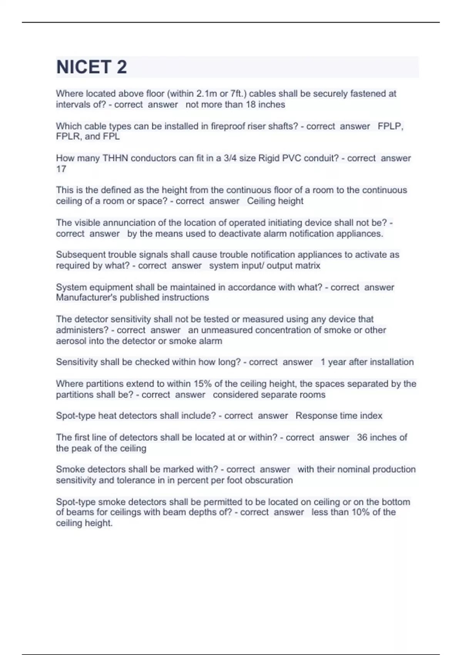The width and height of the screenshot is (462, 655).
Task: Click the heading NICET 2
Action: (91, 67)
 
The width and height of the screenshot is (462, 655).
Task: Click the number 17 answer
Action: (61, 169)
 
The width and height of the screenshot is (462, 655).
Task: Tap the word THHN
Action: (115, 158)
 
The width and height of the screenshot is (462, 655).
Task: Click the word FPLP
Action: (390, 126)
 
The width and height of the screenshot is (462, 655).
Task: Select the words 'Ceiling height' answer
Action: (275, 201)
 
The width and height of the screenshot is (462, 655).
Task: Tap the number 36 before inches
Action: (362, 438)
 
